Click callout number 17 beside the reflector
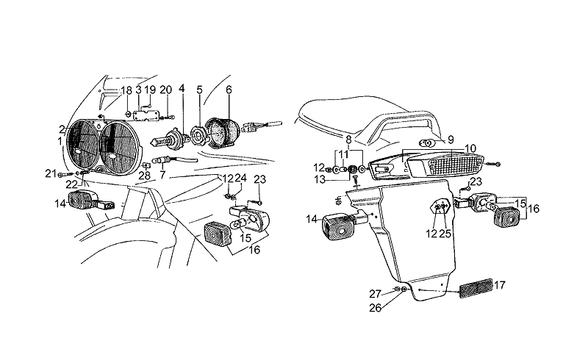point(500,285)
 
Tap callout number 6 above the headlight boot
point(229,90)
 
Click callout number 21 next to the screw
point(51,173)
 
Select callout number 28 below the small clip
point(144,175)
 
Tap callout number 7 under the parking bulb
point(162,175)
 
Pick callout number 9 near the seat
point(451,140)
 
